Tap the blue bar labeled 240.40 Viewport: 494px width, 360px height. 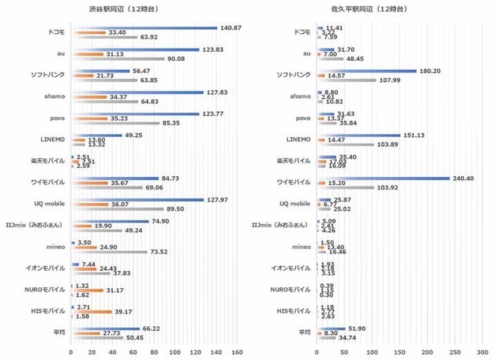click(x=383, y=178)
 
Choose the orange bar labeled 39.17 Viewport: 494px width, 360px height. click(x=91, y=312)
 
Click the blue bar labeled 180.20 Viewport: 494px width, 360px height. click(x=366, y=70)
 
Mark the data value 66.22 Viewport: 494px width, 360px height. click(x=153, y=328)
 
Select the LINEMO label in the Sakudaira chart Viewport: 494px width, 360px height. click(x=298, y=140)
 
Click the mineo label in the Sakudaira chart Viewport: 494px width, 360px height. click(x=301, y=247)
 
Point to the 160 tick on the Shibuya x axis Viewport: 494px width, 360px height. click(x=237, y=352)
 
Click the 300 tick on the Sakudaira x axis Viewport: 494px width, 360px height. click(x=482, y=352)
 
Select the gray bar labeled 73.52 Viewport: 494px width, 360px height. click(x=108, y=252)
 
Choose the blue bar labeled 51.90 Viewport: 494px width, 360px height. click(x=331, y=328)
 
